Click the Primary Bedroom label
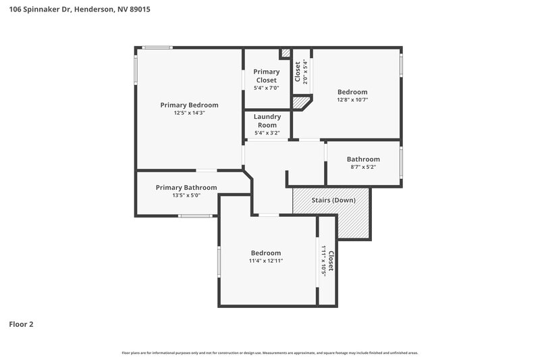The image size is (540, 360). click(189, 105)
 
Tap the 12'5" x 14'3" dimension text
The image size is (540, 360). click(189, 113)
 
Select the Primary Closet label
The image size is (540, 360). click(266, 76)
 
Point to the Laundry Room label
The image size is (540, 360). click(267, 120)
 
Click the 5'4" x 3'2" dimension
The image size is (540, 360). click(267, 132)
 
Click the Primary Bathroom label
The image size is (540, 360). click(186, 187)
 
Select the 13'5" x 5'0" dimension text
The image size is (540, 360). click(186, 195)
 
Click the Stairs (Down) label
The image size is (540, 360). click(333, 200)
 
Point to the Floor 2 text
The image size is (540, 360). click(21, 324)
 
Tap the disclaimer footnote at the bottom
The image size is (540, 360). click(270, 353)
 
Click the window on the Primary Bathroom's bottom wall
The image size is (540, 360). click(196, 216)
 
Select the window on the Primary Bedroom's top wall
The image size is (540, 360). click(157, 47)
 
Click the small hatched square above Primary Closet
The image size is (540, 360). click(286, 53)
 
